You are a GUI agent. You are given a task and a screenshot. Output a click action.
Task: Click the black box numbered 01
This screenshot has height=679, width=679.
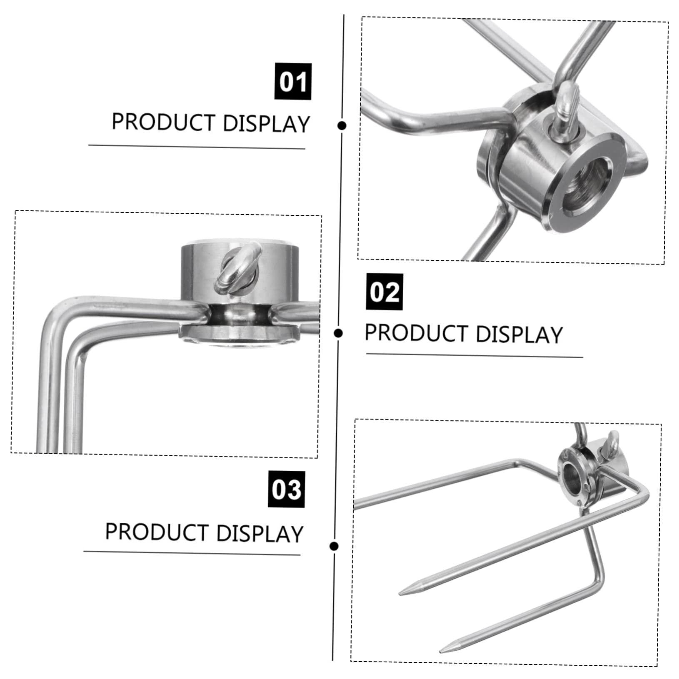click(x=293, y=81)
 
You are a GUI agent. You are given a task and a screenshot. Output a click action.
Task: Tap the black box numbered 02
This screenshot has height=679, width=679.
click(x=384, y=292)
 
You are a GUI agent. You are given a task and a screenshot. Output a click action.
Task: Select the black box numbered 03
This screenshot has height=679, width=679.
click(x=286, y=489)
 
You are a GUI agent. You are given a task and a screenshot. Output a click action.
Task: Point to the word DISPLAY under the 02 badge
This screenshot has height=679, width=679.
click(x=519, y=334)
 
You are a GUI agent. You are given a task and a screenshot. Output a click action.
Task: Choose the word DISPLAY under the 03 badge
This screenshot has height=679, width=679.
click(x=260, y=534)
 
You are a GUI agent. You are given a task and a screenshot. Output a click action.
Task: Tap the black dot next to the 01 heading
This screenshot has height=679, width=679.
click(x=342, y=125)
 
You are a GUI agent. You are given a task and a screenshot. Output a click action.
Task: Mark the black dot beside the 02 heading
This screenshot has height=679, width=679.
click(x=339, y=333)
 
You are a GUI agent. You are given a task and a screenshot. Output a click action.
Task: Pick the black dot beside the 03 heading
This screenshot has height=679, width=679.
click(x=333, y=546)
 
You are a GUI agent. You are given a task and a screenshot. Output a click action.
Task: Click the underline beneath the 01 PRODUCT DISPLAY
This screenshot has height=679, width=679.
click(x=197, y=147)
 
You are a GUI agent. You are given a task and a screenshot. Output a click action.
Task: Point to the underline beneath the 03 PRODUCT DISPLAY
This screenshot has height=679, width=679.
click(x=192, y=553)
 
